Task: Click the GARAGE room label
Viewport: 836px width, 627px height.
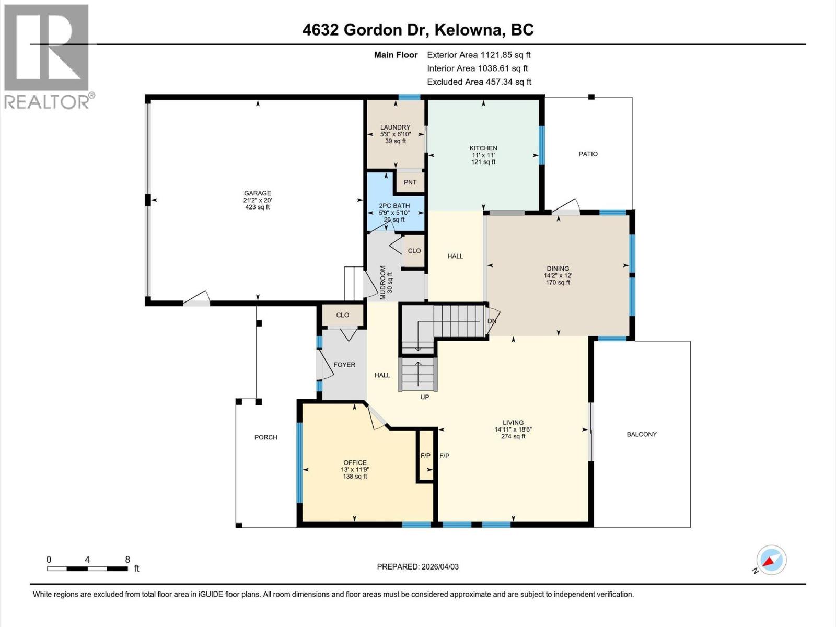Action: (257, 193)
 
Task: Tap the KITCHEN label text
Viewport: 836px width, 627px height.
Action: (483, 148)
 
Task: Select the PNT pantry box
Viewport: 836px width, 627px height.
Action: (410, 182)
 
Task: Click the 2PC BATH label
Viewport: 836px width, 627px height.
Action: (394, 206)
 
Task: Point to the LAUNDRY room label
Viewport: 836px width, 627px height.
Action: (395, 127)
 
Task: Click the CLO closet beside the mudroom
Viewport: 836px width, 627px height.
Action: (414, 251)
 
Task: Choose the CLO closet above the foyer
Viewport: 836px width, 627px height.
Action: (343, 315)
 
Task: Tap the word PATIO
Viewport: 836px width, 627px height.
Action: (588, 154)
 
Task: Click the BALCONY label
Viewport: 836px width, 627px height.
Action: (642, 434)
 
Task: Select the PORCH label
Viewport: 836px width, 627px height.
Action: (266, 437)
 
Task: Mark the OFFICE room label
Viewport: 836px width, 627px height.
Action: (355, 462)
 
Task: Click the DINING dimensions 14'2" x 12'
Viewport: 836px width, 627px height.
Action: (558, 275)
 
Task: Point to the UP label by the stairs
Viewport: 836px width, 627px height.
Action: (425, 397)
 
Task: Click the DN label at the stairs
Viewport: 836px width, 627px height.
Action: (492, 321)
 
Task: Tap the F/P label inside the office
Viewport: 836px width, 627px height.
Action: (425, 456)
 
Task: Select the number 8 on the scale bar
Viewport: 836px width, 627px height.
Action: (127, 560)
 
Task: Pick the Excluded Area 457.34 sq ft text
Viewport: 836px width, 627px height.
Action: (479, 82)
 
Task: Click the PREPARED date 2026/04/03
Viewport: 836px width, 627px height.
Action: (418, 566)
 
